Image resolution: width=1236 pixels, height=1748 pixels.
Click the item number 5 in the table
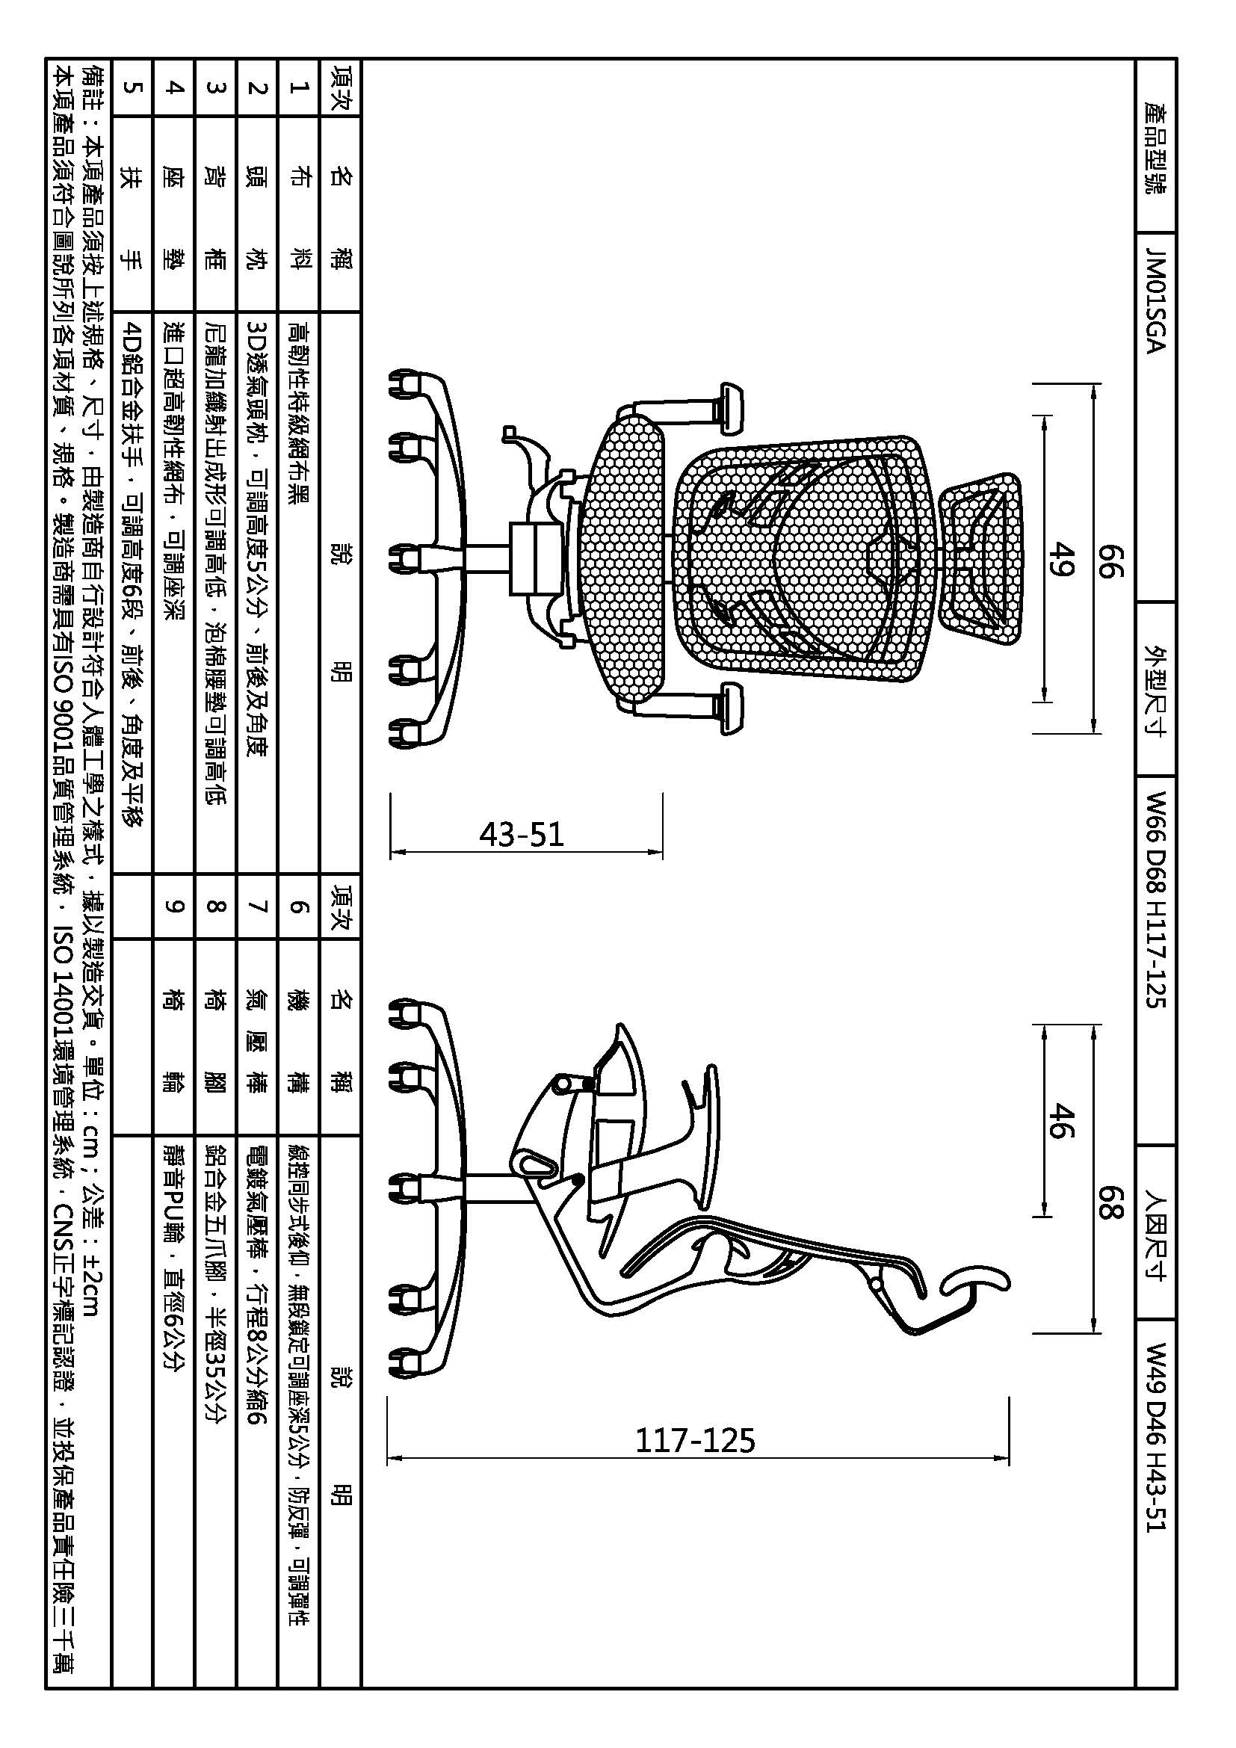pyautogui.click(x=132, y=87)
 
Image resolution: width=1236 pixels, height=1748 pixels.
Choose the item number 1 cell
pyautogui.click(x=297, y=87)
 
